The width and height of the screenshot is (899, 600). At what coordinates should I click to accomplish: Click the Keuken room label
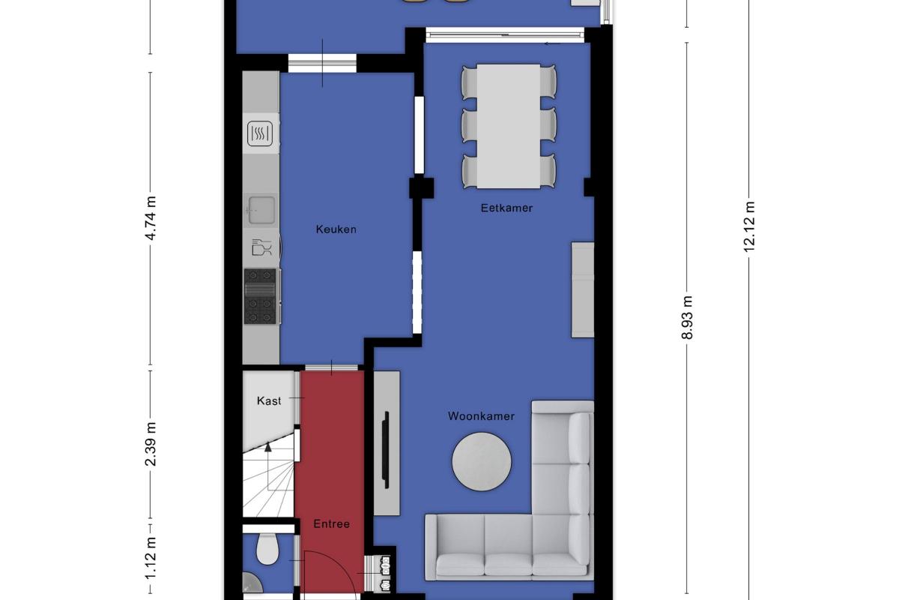click(336, 229)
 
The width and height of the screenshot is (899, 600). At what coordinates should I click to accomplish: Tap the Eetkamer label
click(506, 208)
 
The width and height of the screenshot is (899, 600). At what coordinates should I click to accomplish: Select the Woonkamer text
click(481, 416)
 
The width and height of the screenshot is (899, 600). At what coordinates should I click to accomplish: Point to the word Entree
click(331, 524)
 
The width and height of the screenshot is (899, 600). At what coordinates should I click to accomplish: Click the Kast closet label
click(269, 400)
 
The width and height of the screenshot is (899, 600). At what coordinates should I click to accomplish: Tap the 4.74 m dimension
click(150, 218)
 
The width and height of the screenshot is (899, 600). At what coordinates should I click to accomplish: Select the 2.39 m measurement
click(150, 444)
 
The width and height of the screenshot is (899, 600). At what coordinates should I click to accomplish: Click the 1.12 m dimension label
click(150, 559)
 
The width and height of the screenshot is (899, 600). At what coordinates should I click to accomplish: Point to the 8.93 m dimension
click(687, 317)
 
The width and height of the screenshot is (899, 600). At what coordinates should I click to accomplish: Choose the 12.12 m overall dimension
click(749, 226)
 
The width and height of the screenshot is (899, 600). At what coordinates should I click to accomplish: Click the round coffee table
click(482, 461)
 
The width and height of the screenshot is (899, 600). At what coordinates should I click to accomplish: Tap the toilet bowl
click(267, 549)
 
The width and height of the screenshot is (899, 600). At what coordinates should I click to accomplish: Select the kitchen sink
click(261, 210)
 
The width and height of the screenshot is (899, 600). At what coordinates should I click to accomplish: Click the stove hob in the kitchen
click(260, 296)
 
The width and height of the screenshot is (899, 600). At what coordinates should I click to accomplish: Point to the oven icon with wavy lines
click(260, 133)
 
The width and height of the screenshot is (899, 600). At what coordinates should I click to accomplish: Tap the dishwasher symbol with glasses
click(261, 247)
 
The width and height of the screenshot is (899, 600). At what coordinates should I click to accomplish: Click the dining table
click(509, 126)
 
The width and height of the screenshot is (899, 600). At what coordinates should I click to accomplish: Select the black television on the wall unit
click(386, 450)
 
